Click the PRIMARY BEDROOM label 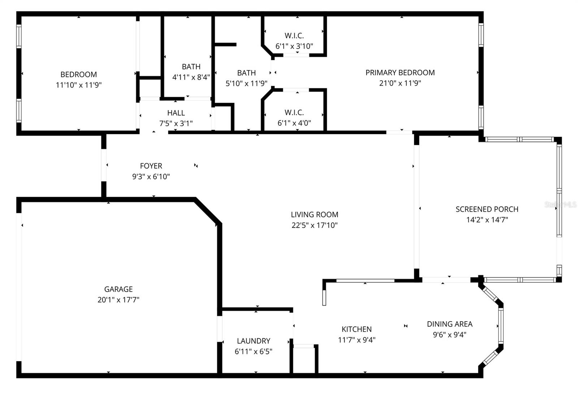(x=400, y=73)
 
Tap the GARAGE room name (x=118, y=289)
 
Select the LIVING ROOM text (x=315, y=214)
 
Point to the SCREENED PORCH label (x=487, y=209)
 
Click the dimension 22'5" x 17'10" (x=315, y=225)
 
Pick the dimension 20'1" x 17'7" (x=118, y=300)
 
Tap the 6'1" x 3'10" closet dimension (x=294, y=46)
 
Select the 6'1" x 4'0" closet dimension (x=294, y=123)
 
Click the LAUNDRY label (x=254, y=341)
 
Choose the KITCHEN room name (x=357, y=329)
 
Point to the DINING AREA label (x=450, y=324)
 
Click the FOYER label (x=151, y=166)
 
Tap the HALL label (x=176, y=113)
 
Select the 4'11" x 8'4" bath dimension (x=191, y=77)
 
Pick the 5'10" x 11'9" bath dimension (x=246, y=83)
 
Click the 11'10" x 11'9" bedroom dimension (x=79, y=85)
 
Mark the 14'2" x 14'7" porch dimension (x=487, y=220)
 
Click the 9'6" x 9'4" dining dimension (x=450, y=335)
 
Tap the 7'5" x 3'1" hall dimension (x=176, y=123)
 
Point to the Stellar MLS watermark (x=560, y=204)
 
